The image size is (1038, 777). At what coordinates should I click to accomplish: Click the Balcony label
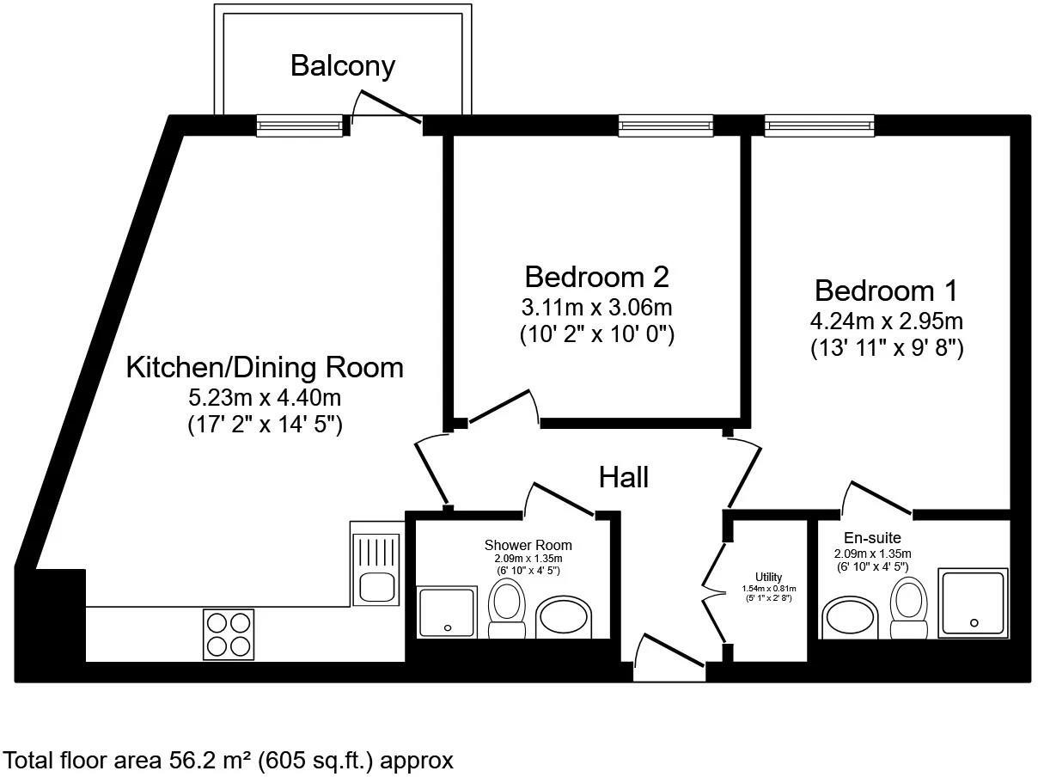[342, 66]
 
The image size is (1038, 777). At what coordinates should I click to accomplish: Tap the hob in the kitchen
[229, 634]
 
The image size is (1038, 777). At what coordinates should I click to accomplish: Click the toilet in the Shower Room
[506, 610]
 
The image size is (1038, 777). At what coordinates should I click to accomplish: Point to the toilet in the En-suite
[908, 608]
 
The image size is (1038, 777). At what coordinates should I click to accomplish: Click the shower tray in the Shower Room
[448, 613]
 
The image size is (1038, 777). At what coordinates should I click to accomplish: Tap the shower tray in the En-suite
[973, 603]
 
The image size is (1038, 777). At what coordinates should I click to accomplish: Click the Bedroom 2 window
[665, 125]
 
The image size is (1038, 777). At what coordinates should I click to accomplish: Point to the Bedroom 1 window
[819, 125]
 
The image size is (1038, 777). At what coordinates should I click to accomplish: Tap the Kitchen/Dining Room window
[300, 125]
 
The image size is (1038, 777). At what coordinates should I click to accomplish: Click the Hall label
[623, 478]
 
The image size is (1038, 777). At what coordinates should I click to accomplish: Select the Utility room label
[768, 577]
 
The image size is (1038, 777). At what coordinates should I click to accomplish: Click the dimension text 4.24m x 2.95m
[887, 321]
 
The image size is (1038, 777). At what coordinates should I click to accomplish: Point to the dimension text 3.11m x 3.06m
[597, 308]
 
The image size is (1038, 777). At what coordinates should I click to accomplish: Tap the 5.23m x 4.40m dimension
[265, 398]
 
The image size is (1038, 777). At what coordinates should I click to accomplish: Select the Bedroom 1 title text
[886, 291]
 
